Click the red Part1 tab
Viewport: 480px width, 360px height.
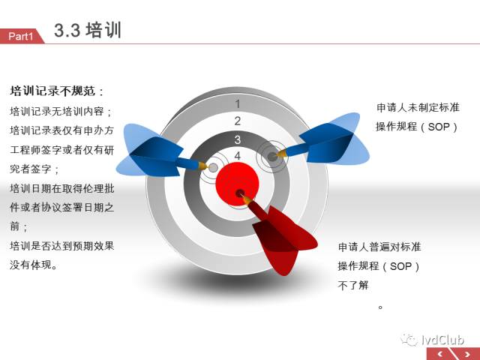click(x=22, y=36)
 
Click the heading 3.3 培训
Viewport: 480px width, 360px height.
click(x=88, y=30)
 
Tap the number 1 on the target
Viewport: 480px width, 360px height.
click(x=238, y=104)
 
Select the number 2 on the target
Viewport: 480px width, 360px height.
click(x=238, y=121)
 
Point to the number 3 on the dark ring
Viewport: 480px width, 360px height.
click(x=238, y=140)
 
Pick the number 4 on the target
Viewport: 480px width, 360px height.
click(x=238, y=156)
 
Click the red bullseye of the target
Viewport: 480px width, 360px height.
click(x=237, y=184)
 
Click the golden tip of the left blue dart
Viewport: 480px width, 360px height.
click(x=203, y=166)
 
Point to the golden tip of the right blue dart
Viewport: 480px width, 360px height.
click(x=282, y=153)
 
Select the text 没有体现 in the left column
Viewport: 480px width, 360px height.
click(x=31, y=265)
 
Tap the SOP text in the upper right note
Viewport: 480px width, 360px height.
click(x=439, y=127)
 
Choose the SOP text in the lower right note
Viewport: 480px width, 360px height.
click(x=400, y=266)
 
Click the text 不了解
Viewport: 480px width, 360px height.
click(x=353, y=285)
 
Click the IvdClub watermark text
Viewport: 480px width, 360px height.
click(x=442, y=340)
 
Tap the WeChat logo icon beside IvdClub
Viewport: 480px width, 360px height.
click(x=409, y=340)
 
